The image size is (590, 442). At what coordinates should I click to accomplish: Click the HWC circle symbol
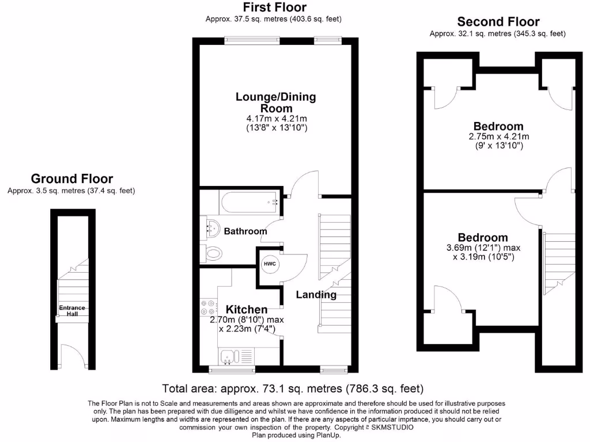coord(270,264)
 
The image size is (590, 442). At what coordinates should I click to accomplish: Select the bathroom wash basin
coord(212,228)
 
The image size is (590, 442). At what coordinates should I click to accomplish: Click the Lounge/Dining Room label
coord(275,102)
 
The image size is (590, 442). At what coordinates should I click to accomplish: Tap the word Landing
coord(316,295)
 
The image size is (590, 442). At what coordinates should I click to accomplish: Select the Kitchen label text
coord(247,310)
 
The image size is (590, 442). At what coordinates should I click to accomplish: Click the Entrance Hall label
coord(72,311)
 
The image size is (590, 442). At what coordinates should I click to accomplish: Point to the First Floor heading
coord(274,7)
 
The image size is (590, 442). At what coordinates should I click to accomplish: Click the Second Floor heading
coord(498,22)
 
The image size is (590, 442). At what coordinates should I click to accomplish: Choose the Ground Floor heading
coord(71,179)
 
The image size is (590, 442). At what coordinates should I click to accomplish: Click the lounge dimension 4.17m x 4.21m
coord(275,119)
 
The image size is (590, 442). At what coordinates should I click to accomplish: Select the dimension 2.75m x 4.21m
coord(498,137)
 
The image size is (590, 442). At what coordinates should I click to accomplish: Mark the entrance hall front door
coord(73,357)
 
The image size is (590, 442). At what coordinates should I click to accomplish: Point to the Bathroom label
coord(245,231)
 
